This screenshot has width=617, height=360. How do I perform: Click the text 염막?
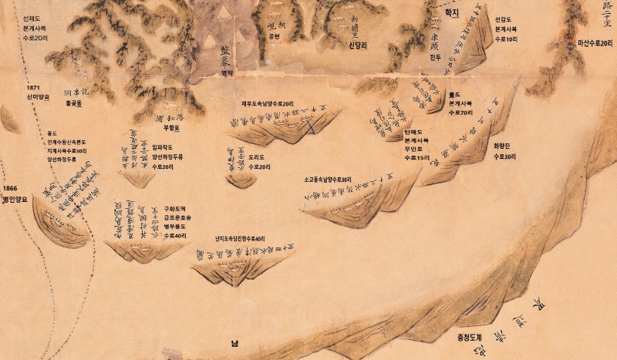pyautogui.click(x=227, y=73)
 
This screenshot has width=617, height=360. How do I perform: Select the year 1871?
pyautogui.click(x=32, y=88)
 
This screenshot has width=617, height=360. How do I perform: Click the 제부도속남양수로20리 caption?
pyautogui.click(x=267, y=103)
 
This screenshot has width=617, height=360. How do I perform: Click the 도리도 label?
pyautogui.click(x=258, y=156)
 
